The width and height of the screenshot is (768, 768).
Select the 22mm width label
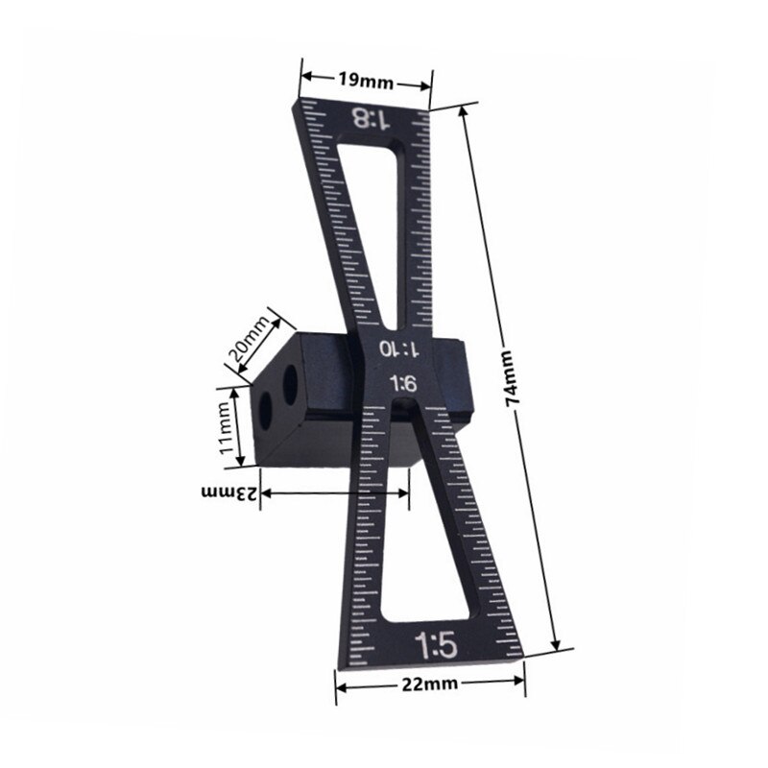pos(429,684)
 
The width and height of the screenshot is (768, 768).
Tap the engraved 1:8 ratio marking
pos(371,119)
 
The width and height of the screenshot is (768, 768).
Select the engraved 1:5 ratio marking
pos(429,642)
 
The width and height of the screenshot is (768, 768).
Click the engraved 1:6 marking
pos(401,383)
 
